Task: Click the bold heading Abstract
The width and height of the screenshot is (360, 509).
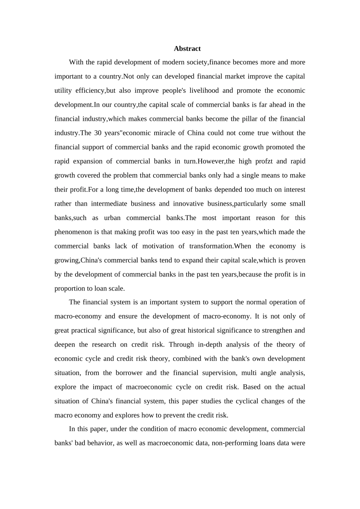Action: pos(187,48)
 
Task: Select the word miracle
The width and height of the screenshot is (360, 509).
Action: pos(177,133)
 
